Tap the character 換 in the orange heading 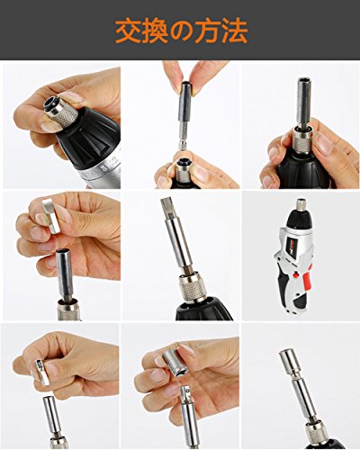pyautogui.click(x=155, y=31)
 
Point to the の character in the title pyautogui.click(x=181, y=32)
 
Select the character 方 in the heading pyautogui.click(x=207, y=31)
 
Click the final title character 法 pyautogui.click(x=234, y=31)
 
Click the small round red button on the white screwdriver pyautogui.click(x=297, y=274)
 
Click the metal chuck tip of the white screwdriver pyautogui.click(x=301, y=204)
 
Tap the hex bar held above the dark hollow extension pyautogui.click(x=51, y=215)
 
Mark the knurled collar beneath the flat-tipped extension pyautogui.click(x=192, y=288)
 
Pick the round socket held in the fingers pyautogui.click(x=175, y=364)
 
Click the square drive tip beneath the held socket pyautogui.click(x=185, y=394)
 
